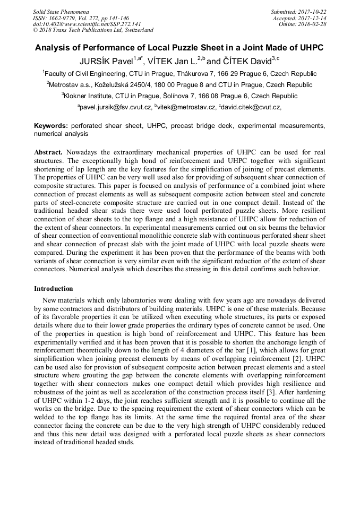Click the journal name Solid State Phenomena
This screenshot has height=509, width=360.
61,11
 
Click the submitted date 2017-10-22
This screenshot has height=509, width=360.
313,11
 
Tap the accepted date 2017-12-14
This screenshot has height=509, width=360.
314,18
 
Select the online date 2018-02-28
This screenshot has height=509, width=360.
314,24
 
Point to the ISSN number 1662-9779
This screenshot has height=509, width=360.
64,18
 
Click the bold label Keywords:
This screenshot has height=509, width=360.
51,126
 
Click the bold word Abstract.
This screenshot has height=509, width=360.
48,151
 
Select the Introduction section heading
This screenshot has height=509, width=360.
54,289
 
